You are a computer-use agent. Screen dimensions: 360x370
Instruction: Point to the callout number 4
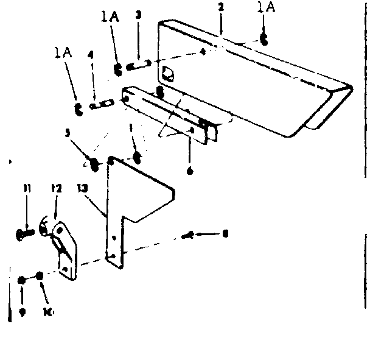pos(91,55)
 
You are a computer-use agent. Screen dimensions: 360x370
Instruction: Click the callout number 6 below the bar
pos(190,172)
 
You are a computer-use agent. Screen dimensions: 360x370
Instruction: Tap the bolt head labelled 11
pos(23,233)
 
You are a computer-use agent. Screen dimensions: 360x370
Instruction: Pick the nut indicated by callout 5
pos(94,163)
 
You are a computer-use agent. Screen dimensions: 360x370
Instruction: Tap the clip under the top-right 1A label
pos(263,39)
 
